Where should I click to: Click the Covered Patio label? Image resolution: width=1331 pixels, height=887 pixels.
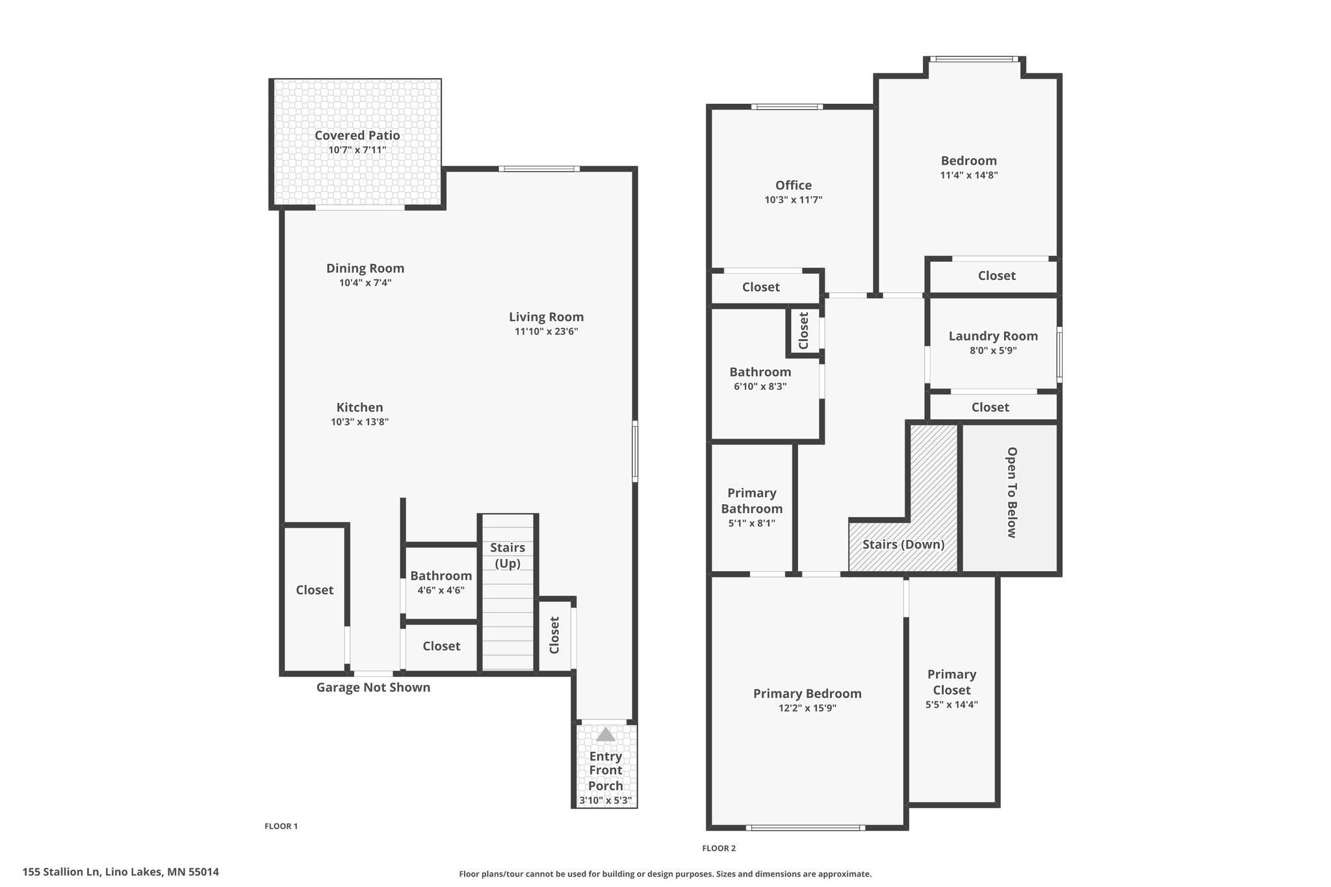357,135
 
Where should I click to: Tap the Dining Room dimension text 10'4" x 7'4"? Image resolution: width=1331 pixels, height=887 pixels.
365,283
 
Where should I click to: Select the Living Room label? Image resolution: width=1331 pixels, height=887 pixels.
547,317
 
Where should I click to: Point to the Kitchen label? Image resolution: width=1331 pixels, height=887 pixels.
359,407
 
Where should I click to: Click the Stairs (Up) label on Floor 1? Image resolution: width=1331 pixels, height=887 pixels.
508,556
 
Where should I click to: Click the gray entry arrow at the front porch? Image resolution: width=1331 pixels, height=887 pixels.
606,734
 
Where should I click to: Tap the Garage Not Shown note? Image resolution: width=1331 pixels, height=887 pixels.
373,688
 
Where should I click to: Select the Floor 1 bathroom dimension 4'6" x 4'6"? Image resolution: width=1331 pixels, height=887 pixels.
441,591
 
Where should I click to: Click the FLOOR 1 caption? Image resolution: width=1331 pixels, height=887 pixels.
281,827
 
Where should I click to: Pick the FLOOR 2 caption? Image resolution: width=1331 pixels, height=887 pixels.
719,848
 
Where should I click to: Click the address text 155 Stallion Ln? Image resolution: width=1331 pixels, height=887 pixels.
61,872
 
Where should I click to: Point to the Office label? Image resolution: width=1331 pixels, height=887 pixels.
794,185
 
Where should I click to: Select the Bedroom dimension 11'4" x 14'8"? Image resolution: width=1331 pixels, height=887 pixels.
969,175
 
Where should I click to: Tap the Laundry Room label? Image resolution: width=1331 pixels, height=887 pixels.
993,336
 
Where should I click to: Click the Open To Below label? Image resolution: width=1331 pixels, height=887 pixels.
1011,493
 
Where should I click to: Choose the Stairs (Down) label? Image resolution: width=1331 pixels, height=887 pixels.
903,544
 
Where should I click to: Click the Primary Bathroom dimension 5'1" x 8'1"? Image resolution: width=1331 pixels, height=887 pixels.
752,523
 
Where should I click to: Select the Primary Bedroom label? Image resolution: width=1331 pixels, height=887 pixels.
807,694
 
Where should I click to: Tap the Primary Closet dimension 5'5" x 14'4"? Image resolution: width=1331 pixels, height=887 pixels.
951,704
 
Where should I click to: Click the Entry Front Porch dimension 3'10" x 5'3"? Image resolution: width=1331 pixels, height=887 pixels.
606,801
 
